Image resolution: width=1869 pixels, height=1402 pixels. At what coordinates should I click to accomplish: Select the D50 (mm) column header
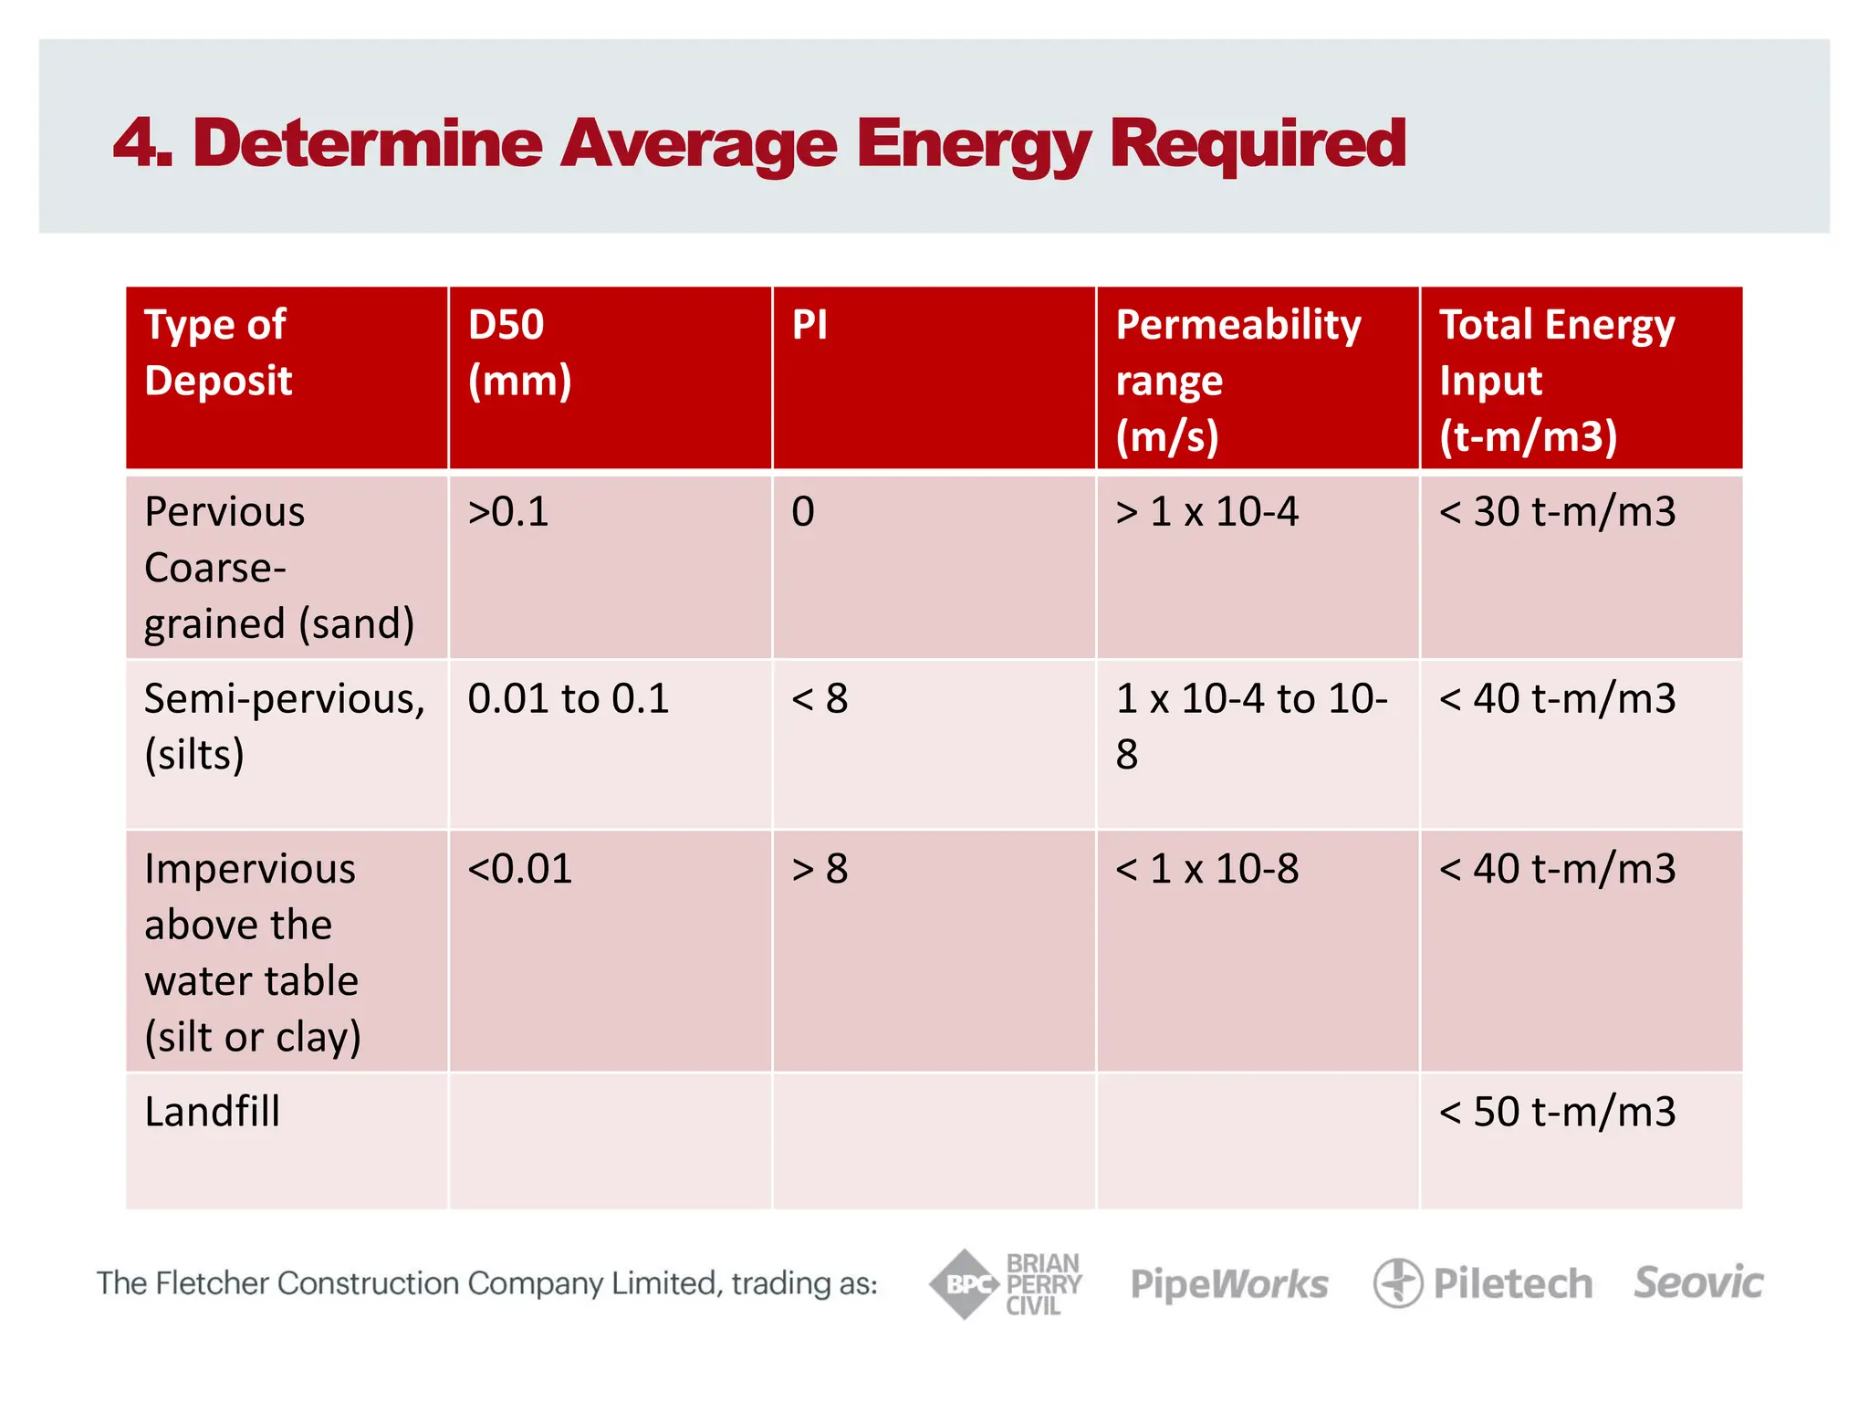(x=518, y=352)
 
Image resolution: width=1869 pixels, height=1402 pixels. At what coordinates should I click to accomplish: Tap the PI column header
(x=810, y=325)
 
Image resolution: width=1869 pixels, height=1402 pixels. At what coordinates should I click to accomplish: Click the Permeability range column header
(x=1237, y=379)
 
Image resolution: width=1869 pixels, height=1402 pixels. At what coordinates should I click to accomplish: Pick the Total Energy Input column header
(x=1556, y=379)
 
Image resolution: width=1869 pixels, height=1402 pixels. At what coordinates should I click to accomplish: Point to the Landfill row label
(x=212, y=1112)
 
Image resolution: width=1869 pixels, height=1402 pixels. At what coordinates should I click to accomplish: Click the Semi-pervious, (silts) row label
(x=284, y=726)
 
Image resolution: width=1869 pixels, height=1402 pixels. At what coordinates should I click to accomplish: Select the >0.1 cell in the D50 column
(x=508, y=511)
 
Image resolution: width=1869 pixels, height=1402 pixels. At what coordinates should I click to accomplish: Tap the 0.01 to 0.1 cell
(x=568, y=699)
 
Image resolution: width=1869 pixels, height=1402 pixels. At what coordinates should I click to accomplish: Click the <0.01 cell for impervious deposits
(x=519, y=869)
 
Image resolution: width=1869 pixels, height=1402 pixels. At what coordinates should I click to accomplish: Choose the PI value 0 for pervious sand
(x=803, y=511)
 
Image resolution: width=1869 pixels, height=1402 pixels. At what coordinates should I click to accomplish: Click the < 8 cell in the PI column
(x=820, y=699)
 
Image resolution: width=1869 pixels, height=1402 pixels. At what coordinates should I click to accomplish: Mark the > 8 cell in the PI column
(x=820, y=869)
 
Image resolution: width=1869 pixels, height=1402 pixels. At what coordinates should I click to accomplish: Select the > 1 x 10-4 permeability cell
(x=1206, y=511)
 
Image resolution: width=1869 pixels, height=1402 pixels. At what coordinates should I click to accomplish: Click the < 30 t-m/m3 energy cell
(x=1557, y=511)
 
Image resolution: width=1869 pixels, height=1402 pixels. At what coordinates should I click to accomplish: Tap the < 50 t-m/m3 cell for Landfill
(x=1557, y=1112)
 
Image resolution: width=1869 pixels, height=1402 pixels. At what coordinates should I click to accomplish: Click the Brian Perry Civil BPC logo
(x=1006, y=1284)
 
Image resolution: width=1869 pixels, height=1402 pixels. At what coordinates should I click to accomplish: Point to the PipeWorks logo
(x=1229, y=1284)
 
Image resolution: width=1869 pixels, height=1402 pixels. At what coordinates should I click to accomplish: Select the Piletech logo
(x=1484, y=1283)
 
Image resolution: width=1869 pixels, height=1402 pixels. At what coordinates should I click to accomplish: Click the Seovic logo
(x=1698, y=1283)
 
